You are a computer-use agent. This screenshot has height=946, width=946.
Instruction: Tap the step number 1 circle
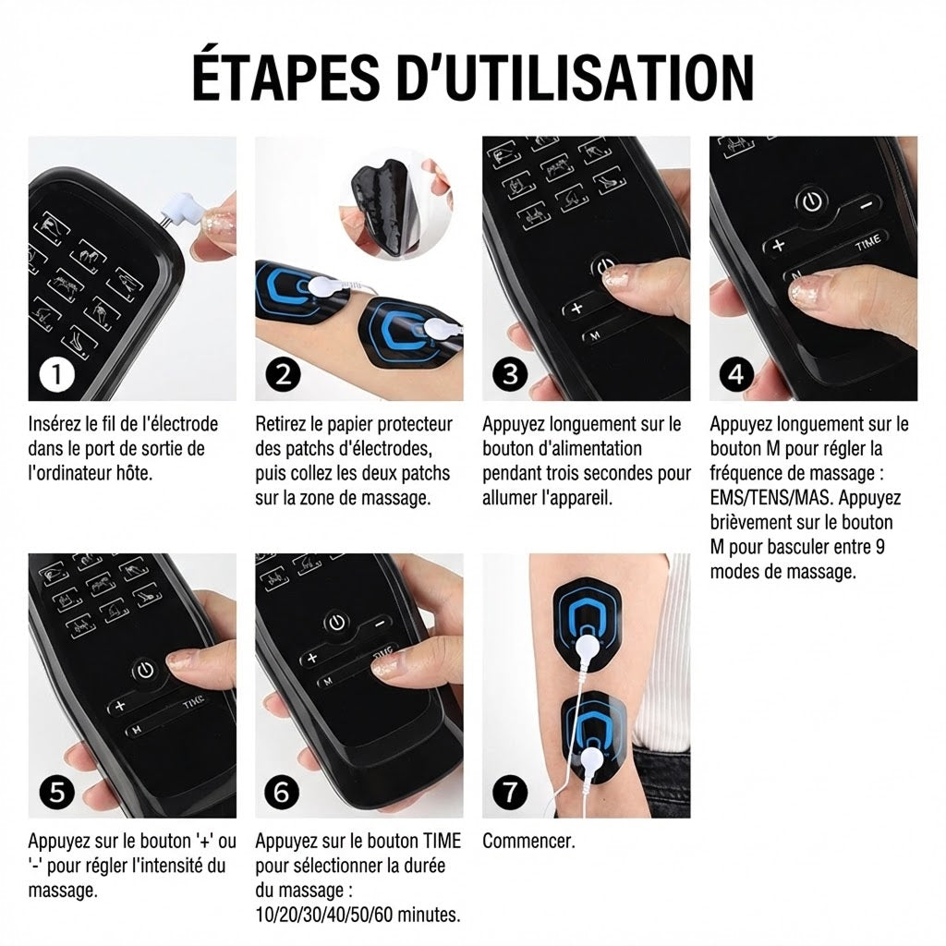pyautogui.click(x=57, y=375)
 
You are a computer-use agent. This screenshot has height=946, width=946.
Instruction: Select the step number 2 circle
pyautogui.click(x=283, y=375)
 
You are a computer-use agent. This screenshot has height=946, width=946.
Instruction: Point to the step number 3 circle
pyautogui.click(x=510, y=375)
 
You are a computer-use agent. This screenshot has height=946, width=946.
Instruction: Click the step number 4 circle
pyautogui.click(x=736, y=375)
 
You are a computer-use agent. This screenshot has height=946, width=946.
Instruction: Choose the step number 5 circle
pyautogui.click(x=57, y=792)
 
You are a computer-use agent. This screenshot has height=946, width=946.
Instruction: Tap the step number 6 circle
pyautogui.click(x=283, y=792)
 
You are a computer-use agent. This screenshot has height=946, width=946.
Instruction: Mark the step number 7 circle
pyautogui.click(x=510, y=792)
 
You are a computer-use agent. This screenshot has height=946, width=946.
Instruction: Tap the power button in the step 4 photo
pyautogui.click(x=813, y=202)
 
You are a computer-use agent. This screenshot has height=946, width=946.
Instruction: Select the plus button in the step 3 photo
pyautogui.click(x=577, y=309)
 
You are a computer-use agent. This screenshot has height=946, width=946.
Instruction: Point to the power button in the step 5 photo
pyautogui.click(x=145, y=671)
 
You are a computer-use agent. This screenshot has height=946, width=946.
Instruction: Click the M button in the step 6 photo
pyautogui.click(x=328, y=682)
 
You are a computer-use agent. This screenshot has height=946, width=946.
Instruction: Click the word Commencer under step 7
pyautogui.click(x=528, y=841)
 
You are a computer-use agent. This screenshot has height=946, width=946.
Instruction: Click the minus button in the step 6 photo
pyautogui.click(x=381, y=624)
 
